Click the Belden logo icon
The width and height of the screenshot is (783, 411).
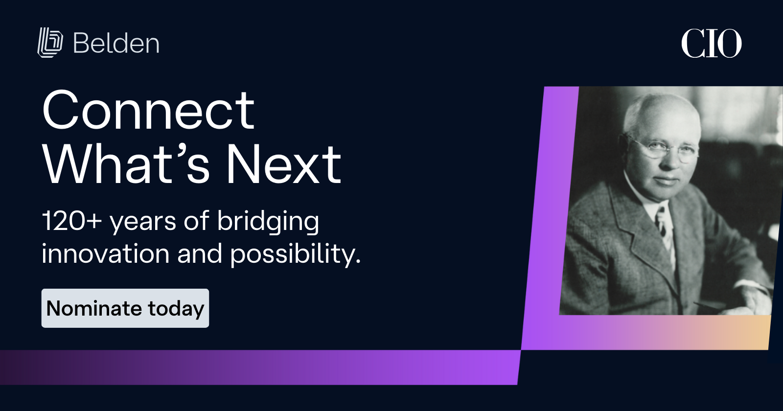tap(50, 42)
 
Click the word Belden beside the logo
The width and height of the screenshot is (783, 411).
tap(116, 44)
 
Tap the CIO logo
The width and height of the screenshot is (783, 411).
tap(711, 44)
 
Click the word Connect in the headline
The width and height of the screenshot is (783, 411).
tap(148, 110)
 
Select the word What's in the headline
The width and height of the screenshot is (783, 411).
tap(126, 164)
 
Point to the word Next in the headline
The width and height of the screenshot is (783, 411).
tap(283, 164)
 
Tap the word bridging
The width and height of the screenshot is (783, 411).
tap(268, 222)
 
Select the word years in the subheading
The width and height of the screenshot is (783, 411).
tap(142, 223)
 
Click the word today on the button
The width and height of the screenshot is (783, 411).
tap(176, 309)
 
